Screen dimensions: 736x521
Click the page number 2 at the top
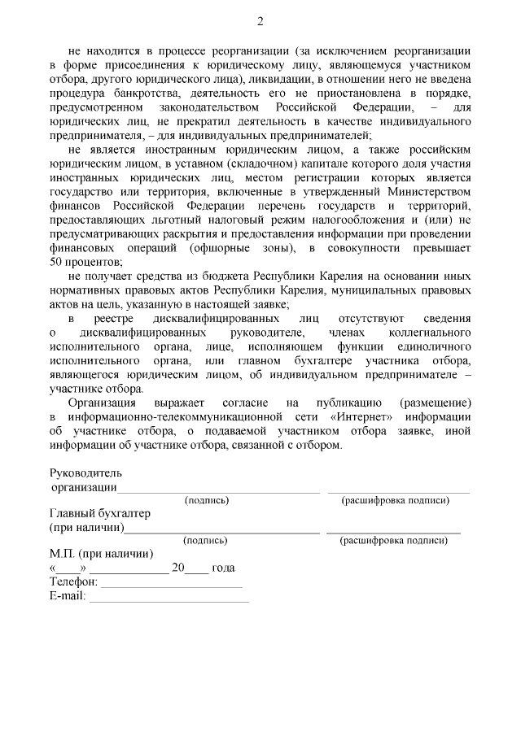(260, 20)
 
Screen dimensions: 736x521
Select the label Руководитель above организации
(85, 473)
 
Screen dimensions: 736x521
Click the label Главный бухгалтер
(100, 514)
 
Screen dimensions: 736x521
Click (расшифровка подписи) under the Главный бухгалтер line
(394, 540)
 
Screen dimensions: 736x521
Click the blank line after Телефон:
(171, 585)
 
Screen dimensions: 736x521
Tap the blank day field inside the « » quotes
(68, 569)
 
